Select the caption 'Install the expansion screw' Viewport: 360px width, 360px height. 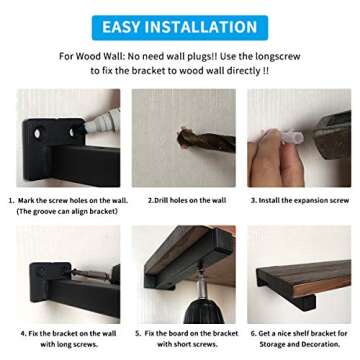click(299, 200)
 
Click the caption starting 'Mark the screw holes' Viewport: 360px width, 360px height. click(73, 200)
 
